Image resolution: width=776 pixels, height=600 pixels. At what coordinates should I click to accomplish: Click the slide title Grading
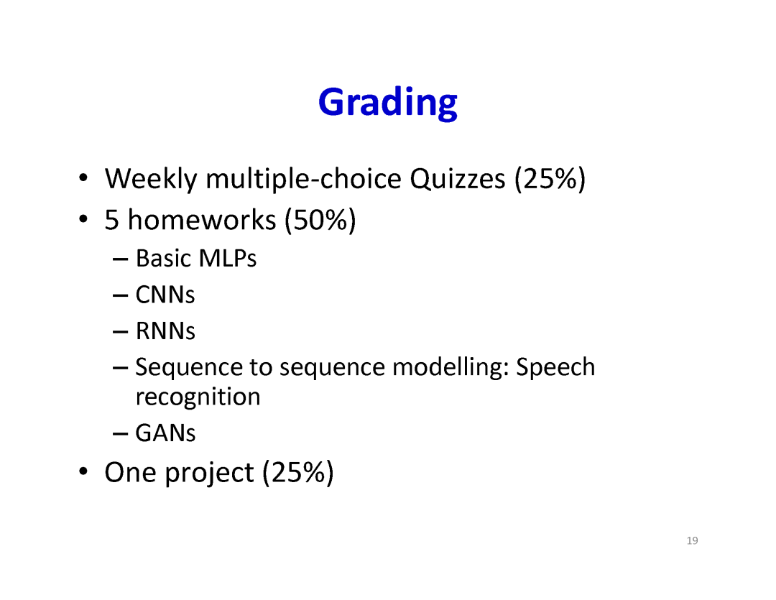point(387,103)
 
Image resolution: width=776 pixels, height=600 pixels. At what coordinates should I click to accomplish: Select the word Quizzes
point(457,179)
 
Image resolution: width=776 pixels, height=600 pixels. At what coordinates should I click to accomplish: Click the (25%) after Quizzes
point(550,179)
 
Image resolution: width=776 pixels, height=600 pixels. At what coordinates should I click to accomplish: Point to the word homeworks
point(201,219)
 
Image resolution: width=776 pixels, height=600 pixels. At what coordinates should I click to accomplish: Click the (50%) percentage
point(320,221)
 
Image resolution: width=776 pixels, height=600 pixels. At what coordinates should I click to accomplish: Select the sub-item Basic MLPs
point(196,259)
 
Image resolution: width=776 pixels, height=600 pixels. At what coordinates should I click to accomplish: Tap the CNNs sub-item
point(165,295)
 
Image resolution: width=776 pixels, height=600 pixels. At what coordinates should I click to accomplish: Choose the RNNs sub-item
point(165,331)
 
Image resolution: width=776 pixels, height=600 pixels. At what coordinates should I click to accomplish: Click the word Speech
point(555,367)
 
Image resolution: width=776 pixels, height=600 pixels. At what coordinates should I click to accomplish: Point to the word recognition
point(198,397)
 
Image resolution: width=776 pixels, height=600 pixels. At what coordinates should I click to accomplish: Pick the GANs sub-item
point(165,433)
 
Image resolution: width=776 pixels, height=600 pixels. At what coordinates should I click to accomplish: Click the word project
point(209,473)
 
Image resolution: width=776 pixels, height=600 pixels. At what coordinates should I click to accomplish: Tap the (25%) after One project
point(298,473)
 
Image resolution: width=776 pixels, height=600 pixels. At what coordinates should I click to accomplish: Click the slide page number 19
point(693,540)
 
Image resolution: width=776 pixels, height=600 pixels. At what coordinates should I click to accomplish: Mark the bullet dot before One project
point(83,471)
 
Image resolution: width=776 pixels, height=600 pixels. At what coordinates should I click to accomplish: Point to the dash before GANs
point(120,434)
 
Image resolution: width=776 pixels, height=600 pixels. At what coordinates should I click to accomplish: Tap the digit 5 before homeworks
point(112,220)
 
